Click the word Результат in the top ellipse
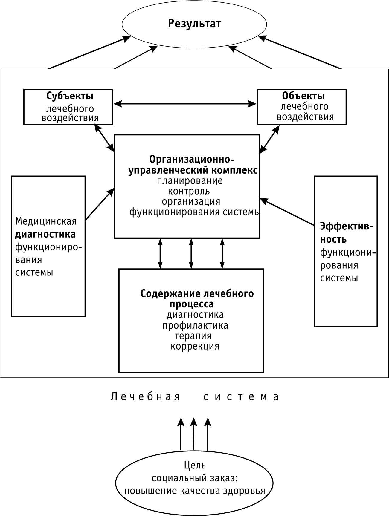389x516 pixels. [x=194, y=23]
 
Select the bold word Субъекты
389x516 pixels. [x=70, y=96]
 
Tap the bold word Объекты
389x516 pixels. [x=303, y=96]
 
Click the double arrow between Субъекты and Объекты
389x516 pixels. [x=185, y=104]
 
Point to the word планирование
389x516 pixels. [x=190, y=181]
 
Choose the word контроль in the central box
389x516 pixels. [x=189, y=191]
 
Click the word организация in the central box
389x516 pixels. [x=191, y=201]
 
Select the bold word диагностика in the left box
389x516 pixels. [x=45, y=234]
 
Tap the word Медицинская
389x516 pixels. [x=46, y=221]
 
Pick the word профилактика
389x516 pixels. [x=195, y=325]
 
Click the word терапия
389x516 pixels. [x=193, y=336]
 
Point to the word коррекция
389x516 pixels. [x=195, y=346]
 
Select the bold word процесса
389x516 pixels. [x=192, y=304]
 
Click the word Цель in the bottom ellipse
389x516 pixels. [x=195, y=465]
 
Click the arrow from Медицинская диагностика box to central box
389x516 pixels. [x=100, y=204]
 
